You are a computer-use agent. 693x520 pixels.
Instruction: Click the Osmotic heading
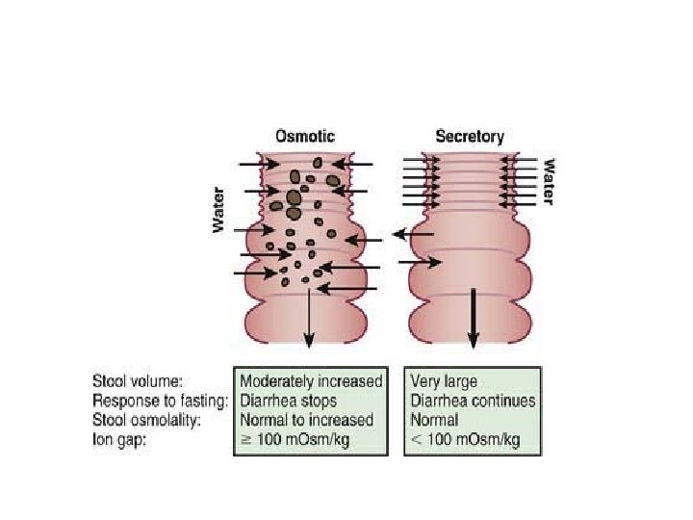[306, 137]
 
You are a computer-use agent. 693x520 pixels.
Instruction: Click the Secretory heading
[470, 137]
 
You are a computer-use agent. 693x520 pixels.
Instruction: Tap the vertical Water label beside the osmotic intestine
[218, 209]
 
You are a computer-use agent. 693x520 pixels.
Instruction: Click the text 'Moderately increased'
[311, 381]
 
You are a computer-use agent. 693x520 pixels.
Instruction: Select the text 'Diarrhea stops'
[290, 401]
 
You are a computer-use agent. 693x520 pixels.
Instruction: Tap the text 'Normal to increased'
[306, 420]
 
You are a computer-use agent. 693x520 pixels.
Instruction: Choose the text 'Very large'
[444, 381]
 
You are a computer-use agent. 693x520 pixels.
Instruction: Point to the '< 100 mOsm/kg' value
[464, 439]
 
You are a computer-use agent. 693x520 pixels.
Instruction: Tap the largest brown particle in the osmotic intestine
[295, 197]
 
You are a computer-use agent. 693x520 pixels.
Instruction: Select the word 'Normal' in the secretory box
[436, 420]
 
